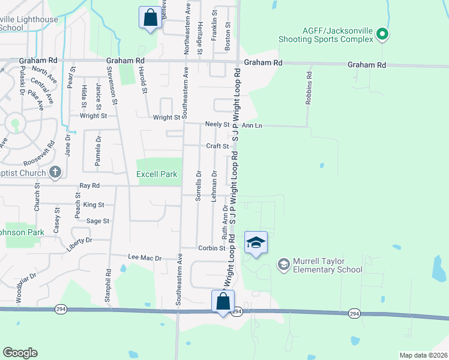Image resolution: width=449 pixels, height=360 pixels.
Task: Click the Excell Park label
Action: [157, 174]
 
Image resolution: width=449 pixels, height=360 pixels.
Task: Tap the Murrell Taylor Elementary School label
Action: [327, 265]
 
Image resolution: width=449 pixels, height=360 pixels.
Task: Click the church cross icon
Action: [55, 173]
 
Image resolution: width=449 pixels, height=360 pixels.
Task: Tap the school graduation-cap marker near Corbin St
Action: [256, 242]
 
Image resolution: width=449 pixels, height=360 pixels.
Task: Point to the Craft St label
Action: [217, 146]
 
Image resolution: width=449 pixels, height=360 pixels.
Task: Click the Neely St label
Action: [217, 125]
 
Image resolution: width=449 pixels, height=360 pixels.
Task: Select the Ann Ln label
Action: [252, 125]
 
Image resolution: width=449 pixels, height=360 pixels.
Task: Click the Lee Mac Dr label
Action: [145, 257]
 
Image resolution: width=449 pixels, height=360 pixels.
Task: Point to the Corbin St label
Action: [211, 248]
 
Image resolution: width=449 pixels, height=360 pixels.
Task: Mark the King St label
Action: [94, 205]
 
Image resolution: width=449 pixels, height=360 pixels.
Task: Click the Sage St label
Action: [98, 221]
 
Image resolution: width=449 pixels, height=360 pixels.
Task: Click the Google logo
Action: [20, 353]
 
